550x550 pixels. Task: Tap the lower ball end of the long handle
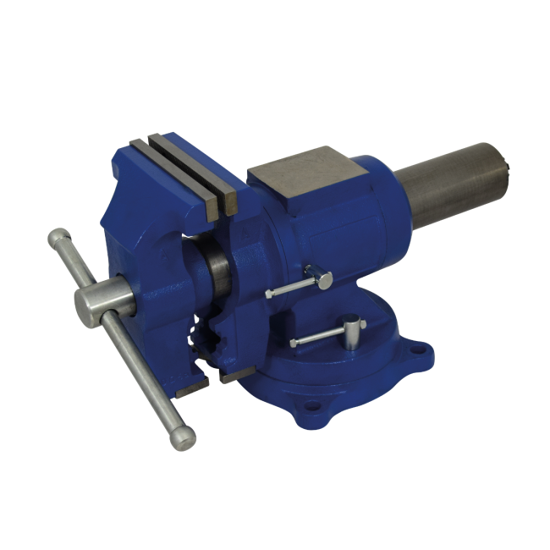point(183,437)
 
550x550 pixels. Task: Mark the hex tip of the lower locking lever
point(294,343)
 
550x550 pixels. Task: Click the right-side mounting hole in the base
point(418,348)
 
